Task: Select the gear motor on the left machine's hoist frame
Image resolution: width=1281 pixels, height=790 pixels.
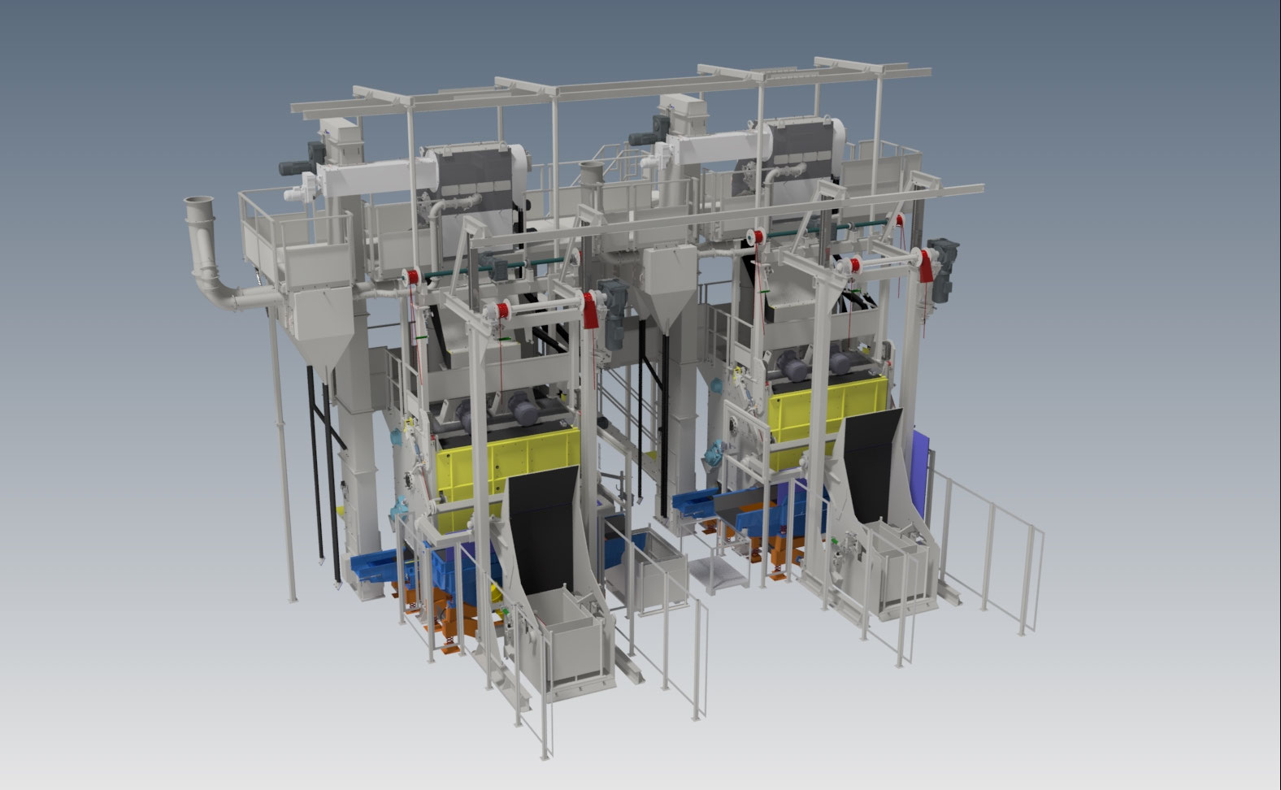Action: (614, 304)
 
